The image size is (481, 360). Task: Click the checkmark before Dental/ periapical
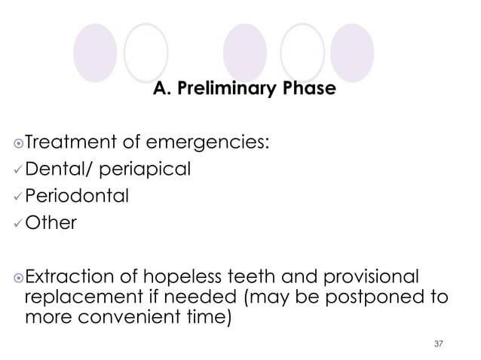pos(18,170)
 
